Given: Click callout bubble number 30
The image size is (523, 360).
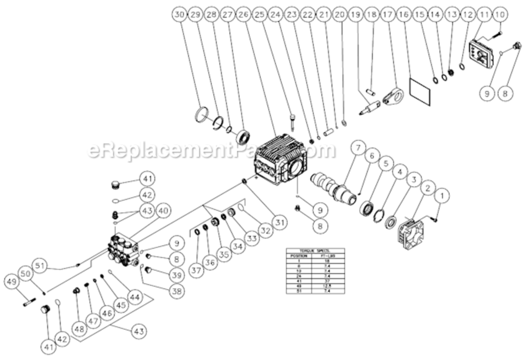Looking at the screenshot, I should point(179,15).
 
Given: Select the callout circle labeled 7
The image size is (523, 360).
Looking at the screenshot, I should point(358,148).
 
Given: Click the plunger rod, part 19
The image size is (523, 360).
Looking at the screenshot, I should point(372,105).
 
